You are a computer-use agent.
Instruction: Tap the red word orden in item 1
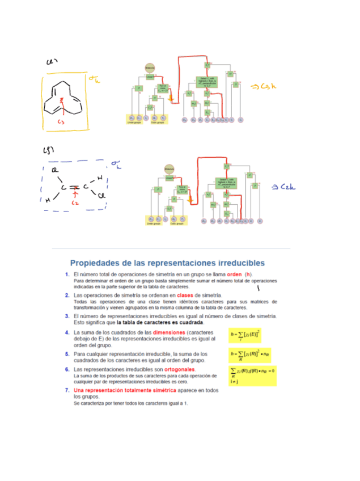[227, 274]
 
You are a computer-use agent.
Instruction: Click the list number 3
[67, 316]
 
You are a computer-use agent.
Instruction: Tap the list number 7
[67, 391]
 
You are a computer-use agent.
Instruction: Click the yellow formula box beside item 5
[249, 356]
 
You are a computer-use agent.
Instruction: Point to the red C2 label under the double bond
[75, 202]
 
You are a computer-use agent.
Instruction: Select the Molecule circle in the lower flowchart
[168, 168]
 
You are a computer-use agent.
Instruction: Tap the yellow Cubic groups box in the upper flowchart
[158, 122]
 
